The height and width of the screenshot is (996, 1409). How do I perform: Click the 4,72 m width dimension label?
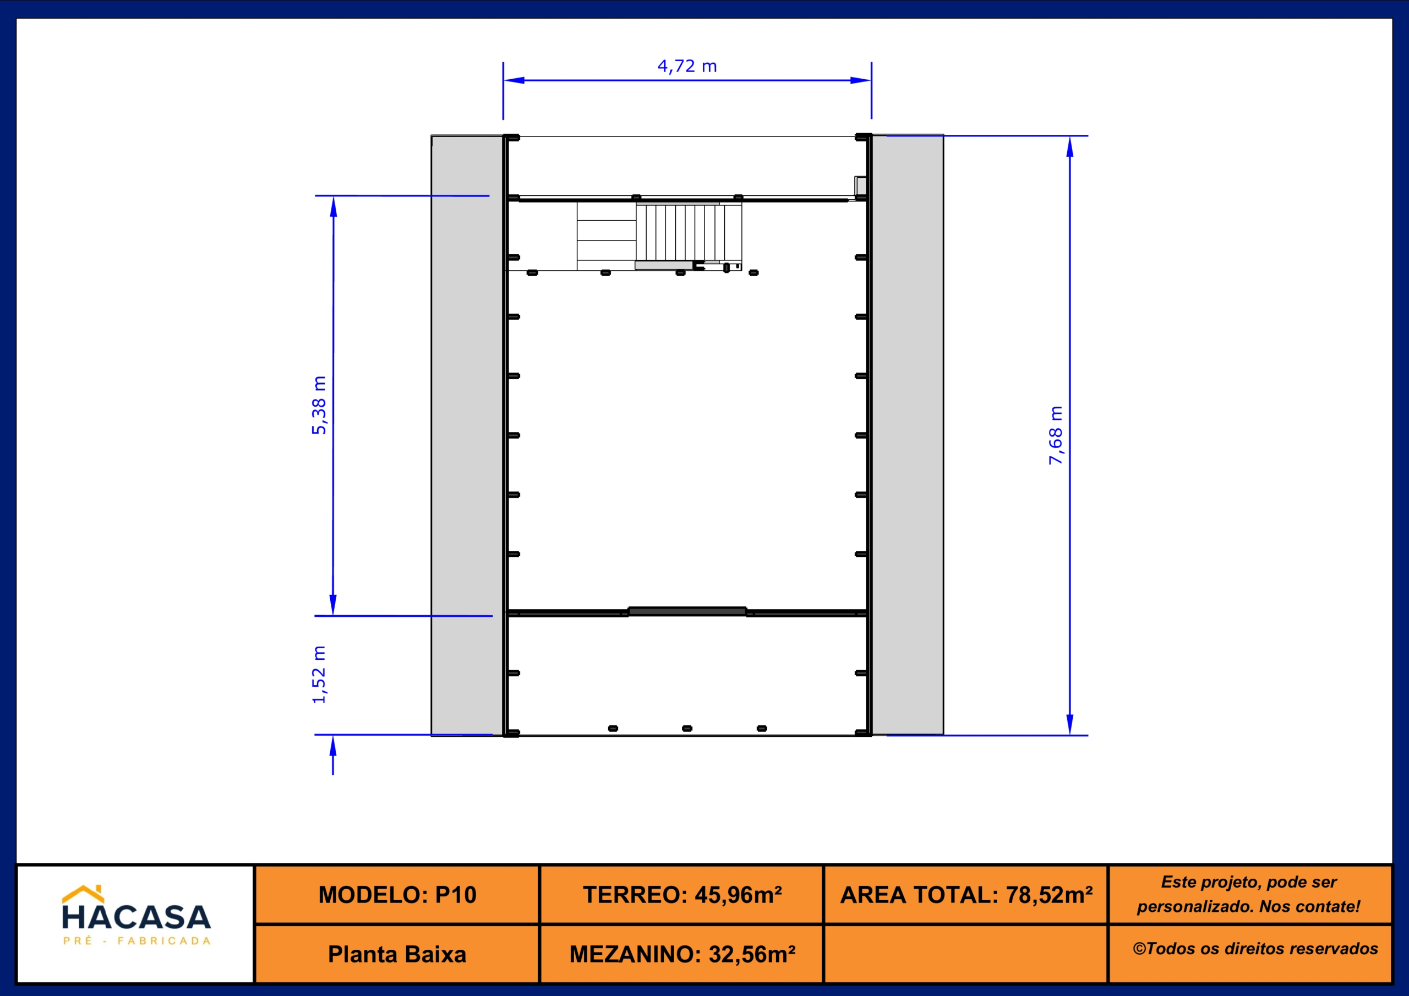point(687,65)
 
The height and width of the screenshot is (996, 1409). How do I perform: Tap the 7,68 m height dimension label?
point(1055,435)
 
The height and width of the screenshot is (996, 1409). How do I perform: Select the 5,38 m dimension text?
point(319,405)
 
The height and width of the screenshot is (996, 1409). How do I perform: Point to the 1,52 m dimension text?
point(319,675)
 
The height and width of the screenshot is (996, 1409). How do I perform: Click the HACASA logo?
point(136,915)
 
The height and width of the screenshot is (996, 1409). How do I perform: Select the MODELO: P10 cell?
point(397,895)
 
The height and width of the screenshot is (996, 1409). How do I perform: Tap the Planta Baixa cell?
point(397,954)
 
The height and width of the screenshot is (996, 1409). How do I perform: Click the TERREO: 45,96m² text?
point(682,895)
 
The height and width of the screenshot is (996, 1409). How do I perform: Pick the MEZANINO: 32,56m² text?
point(682,954)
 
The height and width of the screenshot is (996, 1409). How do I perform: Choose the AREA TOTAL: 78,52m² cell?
point(966,895)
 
